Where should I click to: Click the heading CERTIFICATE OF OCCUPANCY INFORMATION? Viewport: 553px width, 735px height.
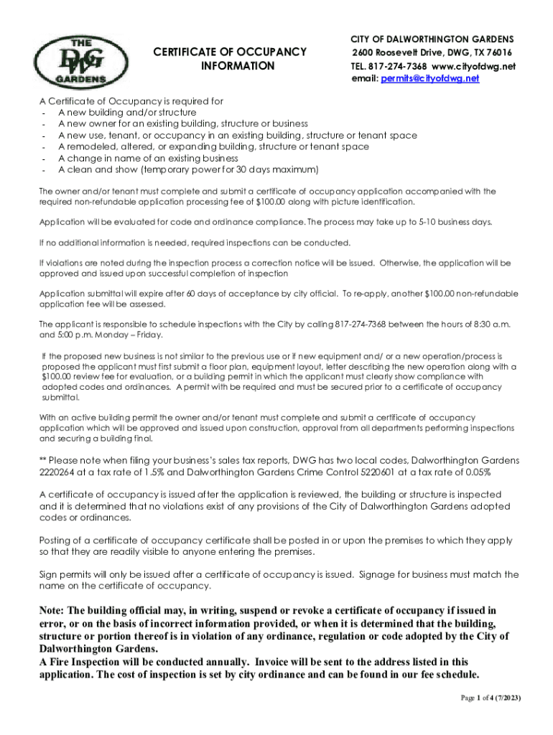click(x=231, y=58)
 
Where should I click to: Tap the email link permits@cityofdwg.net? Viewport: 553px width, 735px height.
click(x=429, y=79)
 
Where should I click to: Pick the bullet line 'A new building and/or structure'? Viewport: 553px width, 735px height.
click(x=127, y=113)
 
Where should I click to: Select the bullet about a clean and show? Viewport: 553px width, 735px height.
click(x=188, y=169)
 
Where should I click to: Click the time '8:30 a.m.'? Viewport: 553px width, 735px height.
click(x=492, y=324)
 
